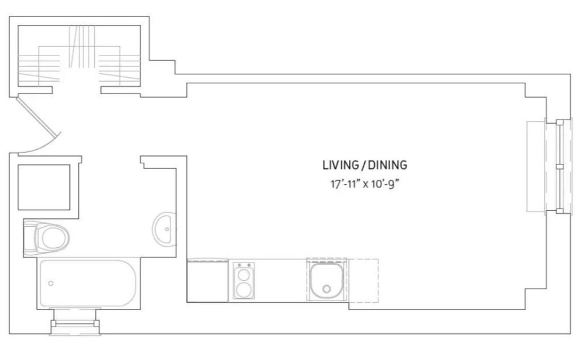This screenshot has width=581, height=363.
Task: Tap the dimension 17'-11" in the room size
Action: point(345,184)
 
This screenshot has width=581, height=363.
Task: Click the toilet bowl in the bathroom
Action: point(54,238)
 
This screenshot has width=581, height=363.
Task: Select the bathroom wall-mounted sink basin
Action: point(163,229)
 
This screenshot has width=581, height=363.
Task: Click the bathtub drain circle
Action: point(50,284)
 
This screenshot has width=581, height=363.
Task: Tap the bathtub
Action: point(88,284)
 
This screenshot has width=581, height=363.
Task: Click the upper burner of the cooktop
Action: point(243,275)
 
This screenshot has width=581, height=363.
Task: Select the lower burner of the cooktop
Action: point(243,290)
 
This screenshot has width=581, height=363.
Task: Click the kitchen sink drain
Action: point(326,289)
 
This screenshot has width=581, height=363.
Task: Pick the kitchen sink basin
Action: point(326,281)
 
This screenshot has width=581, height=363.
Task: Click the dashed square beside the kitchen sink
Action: point(363,280)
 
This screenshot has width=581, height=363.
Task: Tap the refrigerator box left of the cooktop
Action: point(208,281)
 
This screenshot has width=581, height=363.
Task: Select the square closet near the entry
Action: point(44,187)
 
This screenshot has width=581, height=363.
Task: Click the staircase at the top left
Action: point(79,56)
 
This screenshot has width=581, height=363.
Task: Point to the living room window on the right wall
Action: point(550,167)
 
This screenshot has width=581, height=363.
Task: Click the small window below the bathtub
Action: point(75,322)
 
